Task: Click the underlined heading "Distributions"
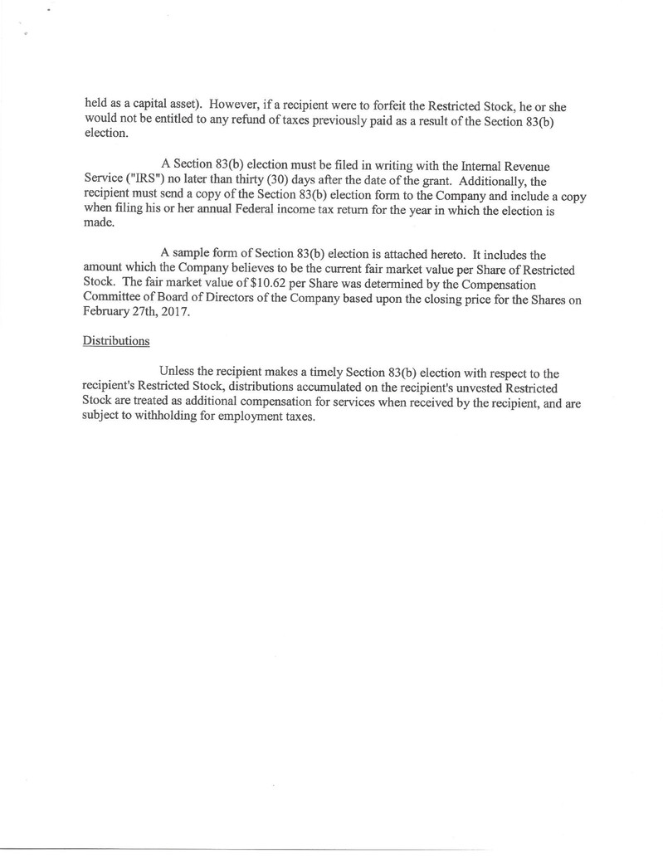[116, 339]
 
